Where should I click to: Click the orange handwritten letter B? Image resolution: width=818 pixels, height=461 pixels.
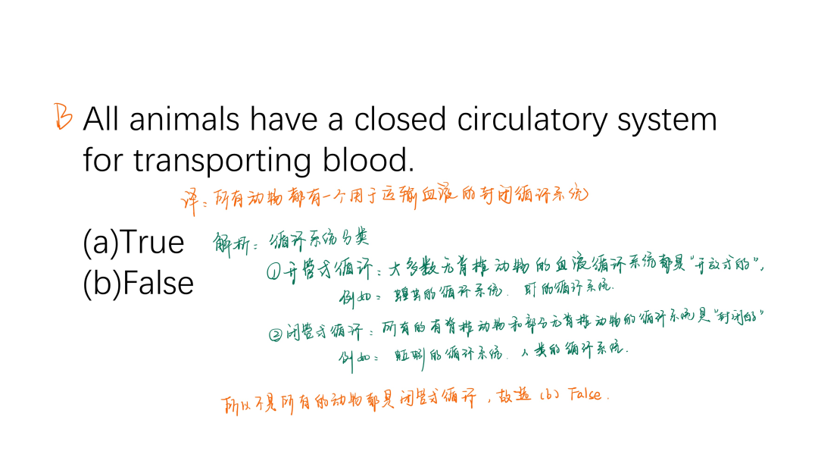pyautogui.click(x=63, y=117)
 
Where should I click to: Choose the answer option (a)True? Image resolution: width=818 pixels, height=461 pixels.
pyautogui.click(x=133, y=243)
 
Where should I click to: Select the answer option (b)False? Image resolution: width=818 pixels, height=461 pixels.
pyautogui.click(x=138, y=283)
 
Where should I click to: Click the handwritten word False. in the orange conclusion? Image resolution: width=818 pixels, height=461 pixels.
pyautogui.click(x=585, y=395)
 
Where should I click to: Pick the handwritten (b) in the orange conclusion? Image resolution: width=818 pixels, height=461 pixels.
pyautogui.click(x=548, y=395)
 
